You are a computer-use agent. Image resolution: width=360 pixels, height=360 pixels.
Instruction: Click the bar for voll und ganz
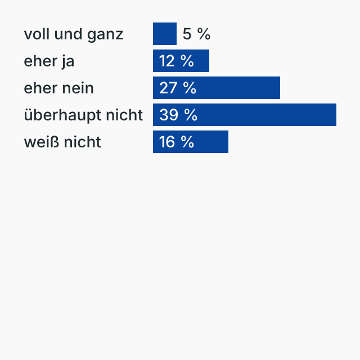[164, 34]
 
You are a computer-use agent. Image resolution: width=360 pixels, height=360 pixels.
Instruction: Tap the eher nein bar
[236, 88]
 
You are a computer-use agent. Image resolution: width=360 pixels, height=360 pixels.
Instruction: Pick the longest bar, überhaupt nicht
[264, 115]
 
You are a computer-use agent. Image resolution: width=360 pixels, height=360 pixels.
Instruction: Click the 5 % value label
[196, 34]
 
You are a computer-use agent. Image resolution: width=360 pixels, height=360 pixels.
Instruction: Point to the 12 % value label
[176, 61]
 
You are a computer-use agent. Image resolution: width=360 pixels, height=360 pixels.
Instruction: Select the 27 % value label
[177, 88]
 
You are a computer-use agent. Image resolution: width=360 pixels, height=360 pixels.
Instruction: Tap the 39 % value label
[178, 115]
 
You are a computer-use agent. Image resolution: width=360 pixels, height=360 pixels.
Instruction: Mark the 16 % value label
[176, 142]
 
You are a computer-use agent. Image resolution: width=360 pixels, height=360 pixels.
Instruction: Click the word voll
[34, 34]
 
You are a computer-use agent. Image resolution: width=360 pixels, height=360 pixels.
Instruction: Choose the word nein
[78, 88]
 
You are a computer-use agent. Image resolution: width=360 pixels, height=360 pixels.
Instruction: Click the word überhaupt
[60, 115]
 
